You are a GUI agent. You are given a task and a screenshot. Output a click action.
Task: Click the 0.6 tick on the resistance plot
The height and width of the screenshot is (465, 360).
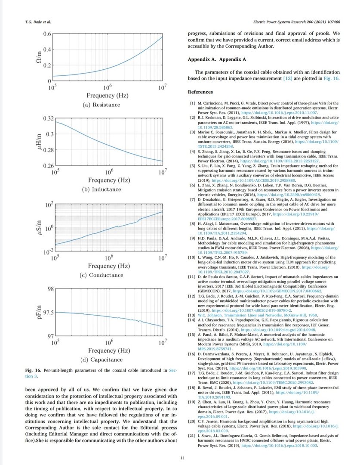point(46,34)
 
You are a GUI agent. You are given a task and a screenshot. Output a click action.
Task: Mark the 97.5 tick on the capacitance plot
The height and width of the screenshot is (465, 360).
point(44,313)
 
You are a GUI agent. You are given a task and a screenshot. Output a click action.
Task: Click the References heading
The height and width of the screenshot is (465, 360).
point(200,92)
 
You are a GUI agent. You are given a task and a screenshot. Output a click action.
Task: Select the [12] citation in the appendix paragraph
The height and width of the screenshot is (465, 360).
point(288,79)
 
